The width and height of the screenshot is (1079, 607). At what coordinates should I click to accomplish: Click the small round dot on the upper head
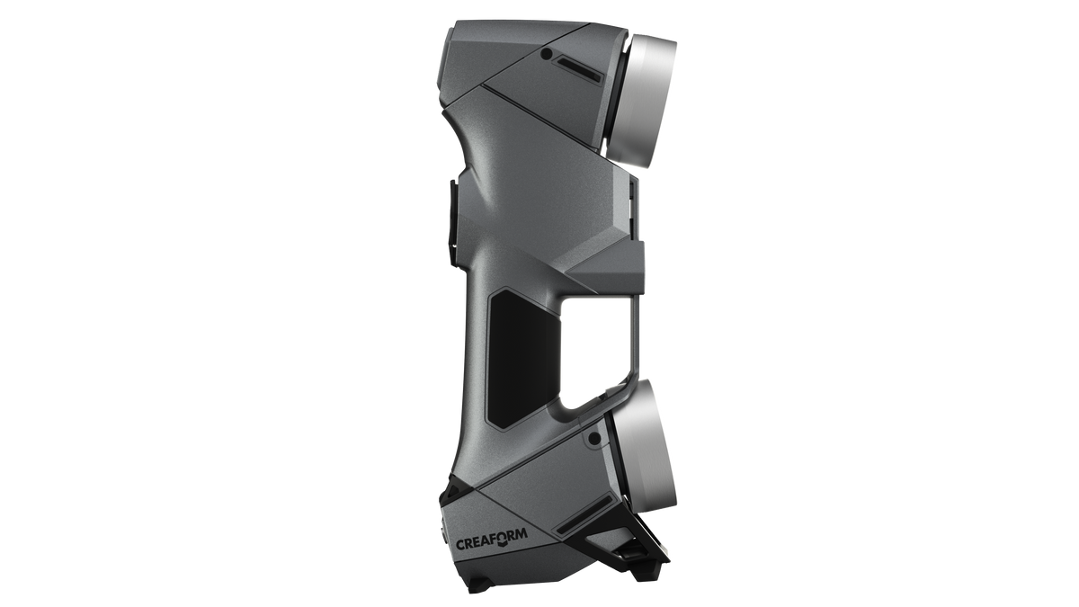(x=547, y=54)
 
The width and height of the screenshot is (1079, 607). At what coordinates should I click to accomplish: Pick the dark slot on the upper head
(x=579, y=69)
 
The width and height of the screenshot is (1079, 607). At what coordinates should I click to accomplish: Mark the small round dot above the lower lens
(x=595, y=438)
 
